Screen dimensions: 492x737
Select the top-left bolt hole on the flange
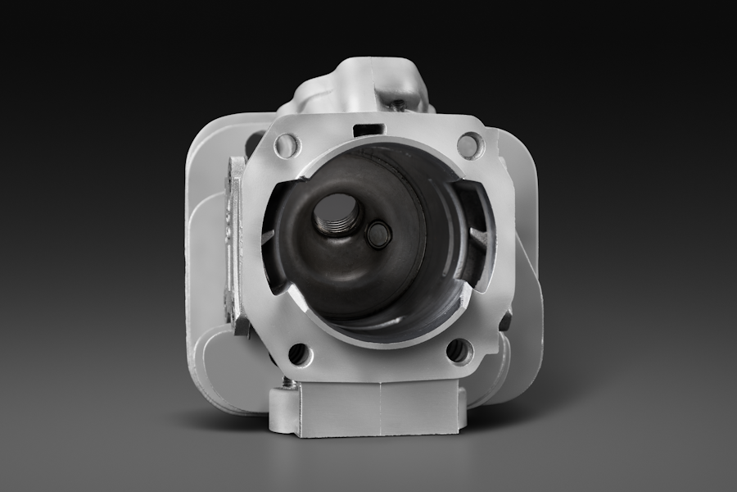pyautogui.click(x=287, y=146)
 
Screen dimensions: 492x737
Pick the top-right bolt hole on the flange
pyautogui.click(x=468, y=145)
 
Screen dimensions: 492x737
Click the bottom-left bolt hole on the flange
pyautogui.click(x=299, y=354)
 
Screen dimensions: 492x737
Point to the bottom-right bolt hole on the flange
pyautogui.click(x=459, y=351)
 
